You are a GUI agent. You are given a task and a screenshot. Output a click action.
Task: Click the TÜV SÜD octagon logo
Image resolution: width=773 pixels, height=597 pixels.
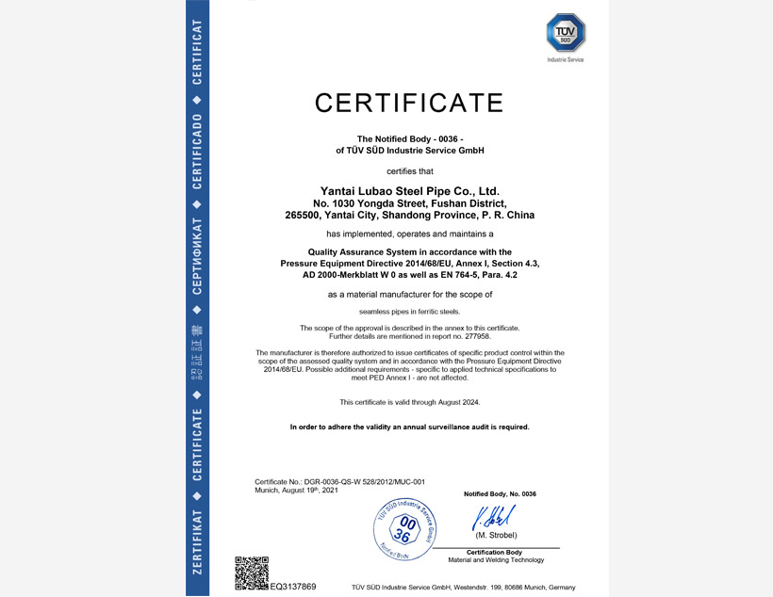point(566,33)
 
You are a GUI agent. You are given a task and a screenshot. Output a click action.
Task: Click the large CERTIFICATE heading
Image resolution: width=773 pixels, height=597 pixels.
point(409,102)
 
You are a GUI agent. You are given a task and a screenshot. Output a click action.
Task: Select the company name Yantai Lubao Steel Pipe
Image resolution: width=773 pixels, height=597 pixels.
point(410,191)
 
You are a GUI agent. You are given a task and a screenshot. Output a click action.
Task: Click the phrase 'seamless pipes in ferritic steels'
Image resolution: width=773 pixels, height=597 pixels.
point(409,311)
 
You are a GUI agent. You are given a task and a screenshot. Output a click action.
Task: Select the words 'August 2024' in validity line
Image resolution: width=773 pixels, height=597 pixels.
point(458,402)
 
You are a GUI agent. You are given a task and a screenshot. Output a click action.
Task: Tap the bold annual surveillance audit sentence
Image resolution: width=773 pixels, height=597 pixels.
point(409,427)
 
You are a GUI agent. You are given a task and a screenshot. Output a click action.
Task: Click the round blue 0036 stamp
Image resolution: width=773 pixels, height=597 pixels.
point(403,529)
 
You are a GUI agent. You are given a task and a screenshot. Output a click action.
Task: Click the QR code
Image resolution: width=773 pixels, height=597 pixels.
point(251,573)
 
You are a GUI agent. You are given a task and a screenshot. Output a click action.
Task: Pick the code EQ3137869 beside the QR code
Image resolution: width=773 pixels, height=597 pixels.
point(292,587)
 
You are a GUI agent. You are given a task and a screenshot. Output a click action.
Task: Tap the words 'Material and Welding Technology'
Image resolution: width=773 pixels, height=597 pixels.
point(496,560)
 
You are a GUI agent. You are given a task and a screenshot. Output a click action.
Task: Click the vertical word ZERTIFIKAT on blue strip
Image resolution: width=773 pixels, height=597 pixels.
point(196,541)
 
